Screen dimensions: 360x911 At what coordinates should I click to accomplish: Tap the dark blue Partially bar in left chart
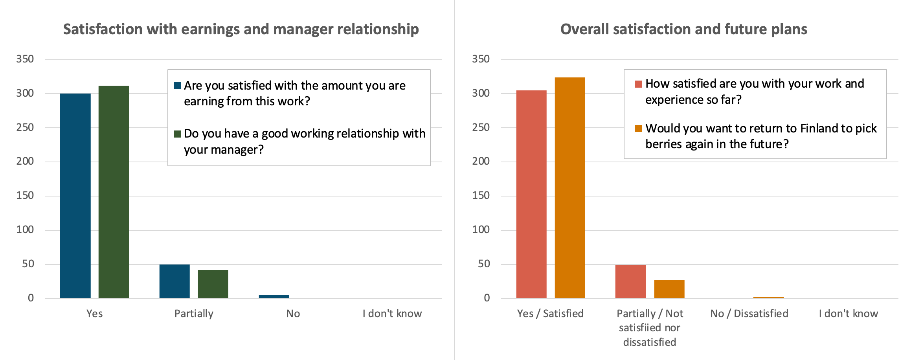pos(174,281)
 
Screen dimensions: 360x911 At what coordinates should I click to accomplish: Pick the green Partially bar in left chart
pos(213,284)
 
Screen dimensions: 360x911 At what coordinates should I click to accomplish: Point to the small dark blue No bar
pos(274,296)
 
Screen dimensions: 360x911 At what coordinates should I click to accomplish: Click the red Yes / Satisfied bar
pos(531,194)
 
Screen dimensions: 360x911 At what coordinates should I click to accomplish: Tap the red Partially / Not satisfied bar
pos(630,282)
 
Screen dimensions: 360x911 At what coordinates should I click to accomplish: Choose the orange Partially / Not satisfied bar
pos(669,289)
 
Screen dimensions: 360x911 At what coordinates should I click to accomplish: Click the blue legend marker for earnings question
pos(177,86)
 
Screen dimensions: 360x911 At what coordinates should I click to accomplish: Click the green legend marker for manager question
pos(177,134)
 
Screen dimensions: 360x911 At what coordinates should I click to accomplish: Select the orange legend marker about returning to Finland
pos(639,129)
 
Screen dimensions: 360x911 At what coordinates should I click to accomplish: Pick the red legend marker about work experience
pos(639,84)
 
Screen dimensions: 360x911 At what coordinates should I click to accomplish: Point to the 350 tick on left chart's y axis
pos(25,59)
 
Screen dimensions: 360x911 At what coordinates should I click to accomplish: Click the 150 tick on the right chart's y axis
pos(481,196)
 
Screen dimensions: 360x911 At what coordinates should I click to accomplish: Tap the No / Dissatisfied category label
pos(749,314)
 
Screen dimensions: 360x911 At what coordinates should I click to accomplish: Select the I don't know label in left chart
pos(392,314)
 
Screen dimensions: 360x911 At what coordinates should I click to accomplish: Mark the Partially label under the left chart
pos(194,314)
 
